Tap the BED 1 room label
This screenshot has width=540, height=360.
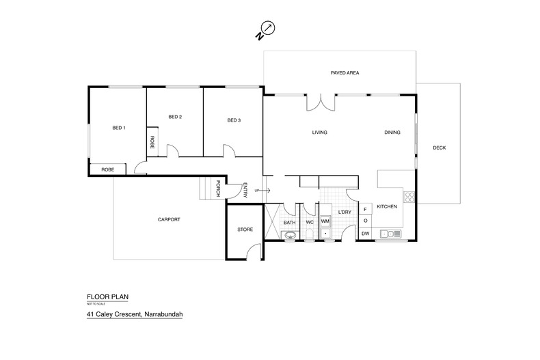click(x=119, y=128)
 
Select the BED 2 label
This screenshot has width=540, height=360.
click(x=175, y=116)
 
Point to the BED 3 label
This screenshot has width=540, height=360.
click(x=234, y=121)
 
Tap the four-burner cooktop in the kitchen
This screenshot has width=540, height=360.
click(x=409, y=198)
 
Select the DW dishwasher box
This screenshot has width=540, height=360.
click(x=366, y=234)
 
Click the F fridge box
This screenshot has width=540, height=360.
click(x=366, y=209)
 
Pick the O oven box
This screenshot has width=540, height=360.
click(x=366, y=221)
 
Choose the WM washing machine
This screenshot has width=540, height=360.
click(x=325, y=221)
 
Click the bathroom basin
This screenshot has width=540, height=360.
click(x=290, y=236)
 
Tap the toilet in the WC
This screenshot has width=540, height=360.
click(x=309, y=235)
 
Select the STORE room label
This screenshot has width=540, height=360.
click(x=245, y=230)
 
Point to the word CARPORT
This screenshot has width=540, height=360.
click(x=169, y=219)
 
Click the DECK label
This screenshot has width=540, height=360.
click(x=439, y=148)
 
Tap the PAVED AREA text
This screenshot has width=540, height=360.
click(x=345, y=72)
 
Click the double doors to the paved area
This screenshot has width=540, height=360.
click(x=321, y=102)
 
